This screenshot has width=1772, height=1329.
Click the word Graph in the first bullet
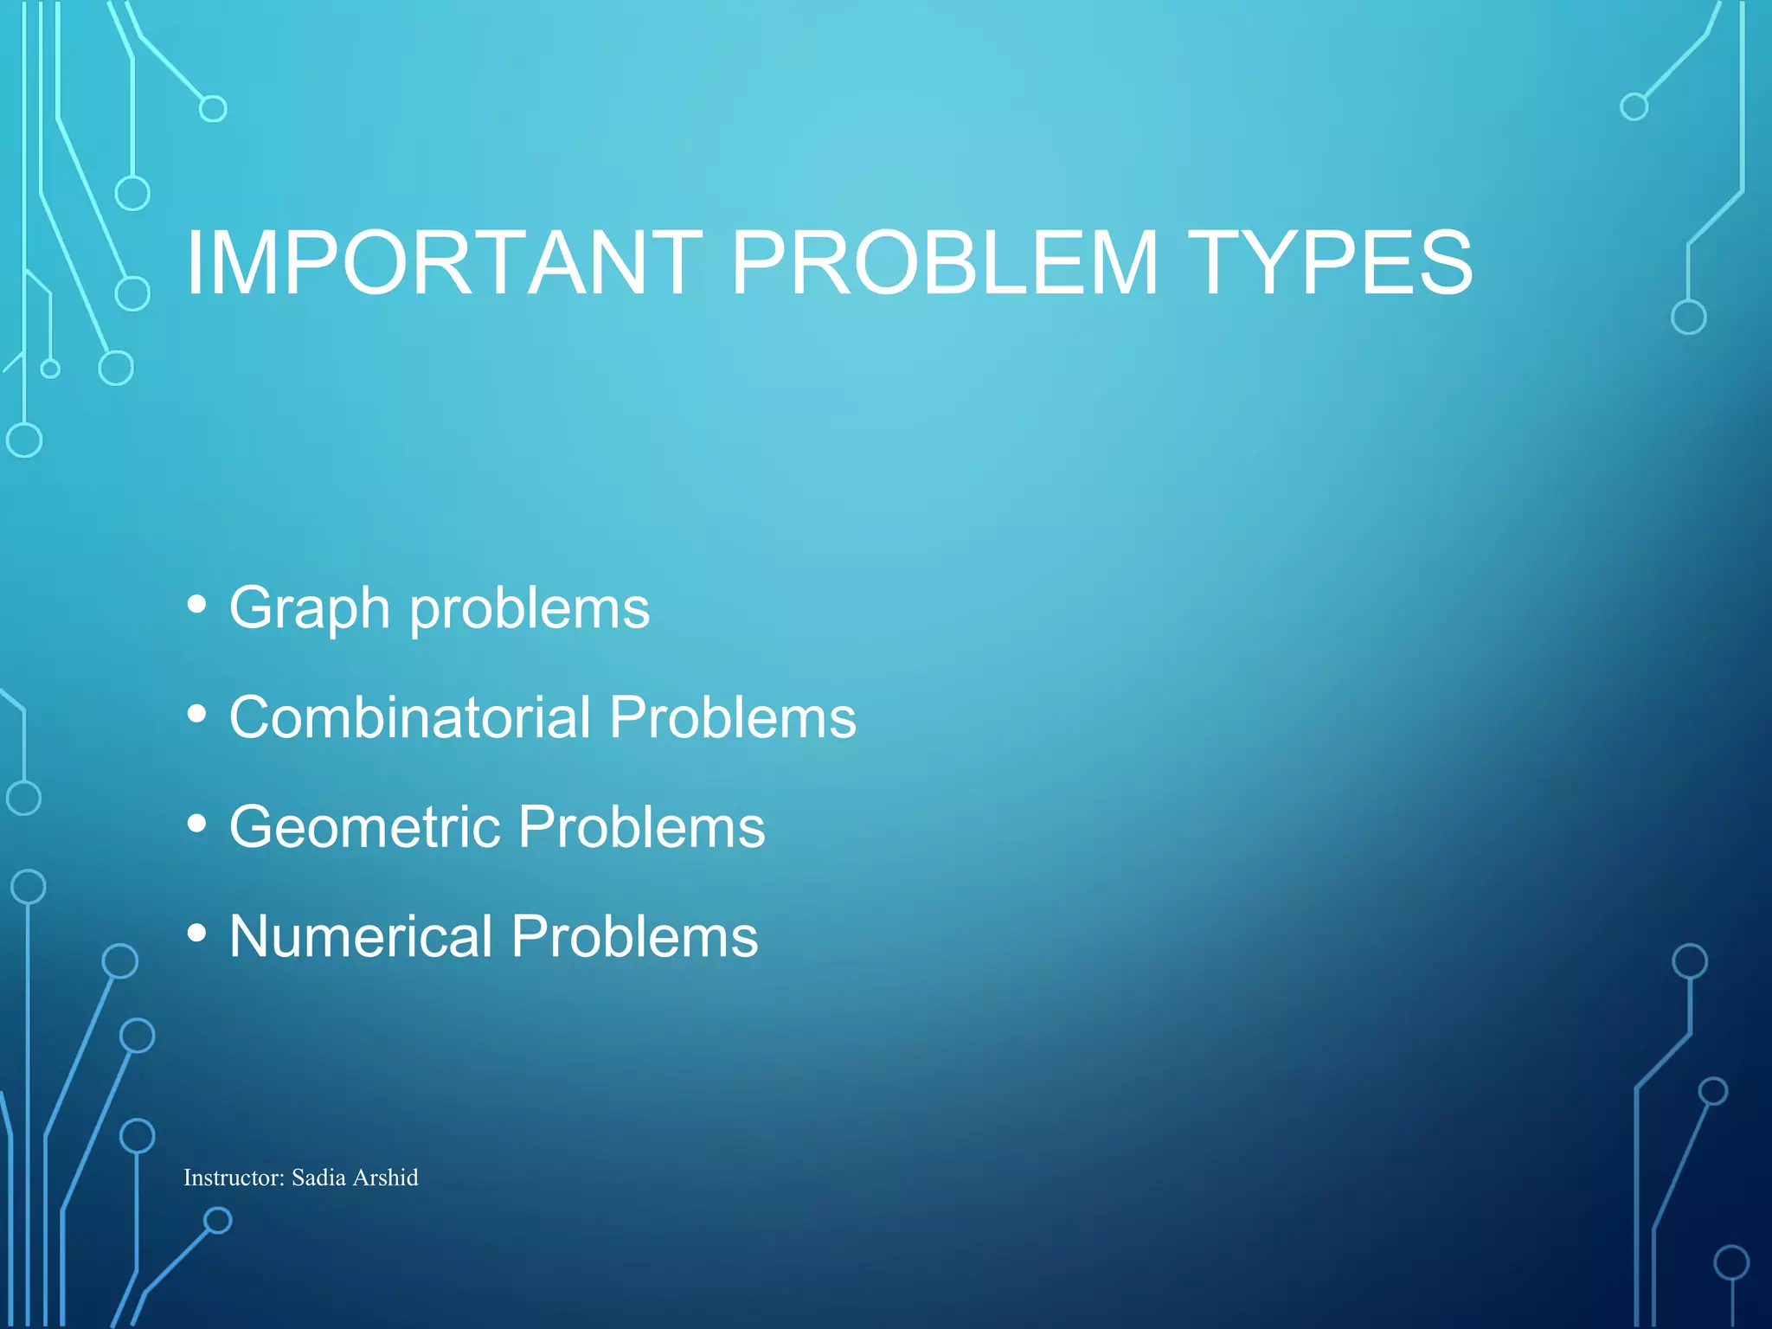pyautogui.click(x=310, y=608)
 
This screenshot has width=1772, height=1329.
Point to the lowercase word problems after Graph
pyautogui.click(x=530, y=608)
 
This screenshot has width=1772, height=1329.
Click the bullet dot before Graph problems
pyautogui.click(x=197, y=605)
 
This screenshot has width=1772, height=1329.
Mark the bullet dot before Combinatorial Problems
pyautogui.click(x=197, y=715)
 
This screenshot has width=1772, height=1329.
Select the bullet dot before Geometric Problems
pyautogui.click(x=197, y=824)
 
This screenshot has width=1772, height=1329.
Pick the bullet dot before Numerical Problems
pyautogui.click(x=197, y=934)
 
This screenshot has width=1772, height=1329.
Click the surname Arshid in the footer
pyautogui.click(x=386, y=1178)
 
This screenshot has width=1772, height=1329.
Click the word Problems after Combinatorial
pyautogui.click(x=732, y=717)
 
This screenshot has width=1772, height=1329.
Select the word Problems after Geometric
pyautogui.click(x=642, y=826)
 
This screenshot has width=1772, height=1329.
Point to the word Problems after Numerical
pyautogui.click(x=634, y=936)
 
